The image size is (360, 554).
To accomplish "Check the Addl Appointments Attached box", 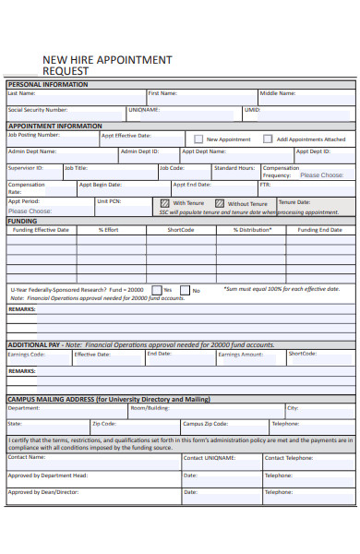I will point(268,139).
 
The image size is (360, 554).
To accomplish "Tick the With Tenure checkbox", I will point(164,203).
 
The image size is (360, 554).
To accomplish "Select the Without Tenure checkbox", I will point(219,203).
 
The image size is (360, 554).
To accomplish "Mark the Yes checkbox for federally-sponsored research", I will point(155,290).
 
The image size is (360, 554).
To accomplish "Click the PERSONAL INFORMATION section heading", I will point(48,84).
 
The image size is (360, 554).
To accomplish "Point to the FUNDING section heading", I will point(23,222).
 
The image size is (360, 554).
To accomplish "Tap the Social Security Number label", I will point(38,109).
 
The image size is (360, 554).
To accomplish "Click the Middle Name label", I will point(277,93).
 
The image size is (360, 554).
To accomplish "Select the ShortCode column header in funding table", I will point(180,230).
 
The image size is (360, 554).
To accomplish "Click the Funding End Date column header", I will point(319,230).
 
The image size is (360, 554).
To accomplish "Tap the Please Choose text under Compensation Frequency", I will point(321,175).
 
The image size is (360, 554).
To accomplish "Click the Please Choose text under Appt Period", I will point(30,211).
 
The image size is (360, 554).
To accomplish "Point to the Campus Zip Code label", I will point(205,424).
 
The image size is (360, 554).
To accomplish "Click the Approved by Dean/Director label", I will point(42,492).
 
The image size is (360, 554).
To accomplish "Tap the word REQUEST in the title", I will point(66,70).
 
